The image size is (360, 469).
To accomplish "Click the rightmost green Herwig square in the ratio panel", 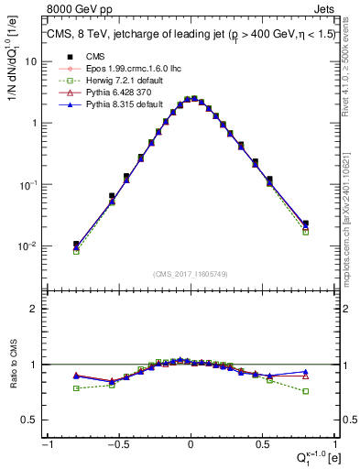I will tap(306, 391).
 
